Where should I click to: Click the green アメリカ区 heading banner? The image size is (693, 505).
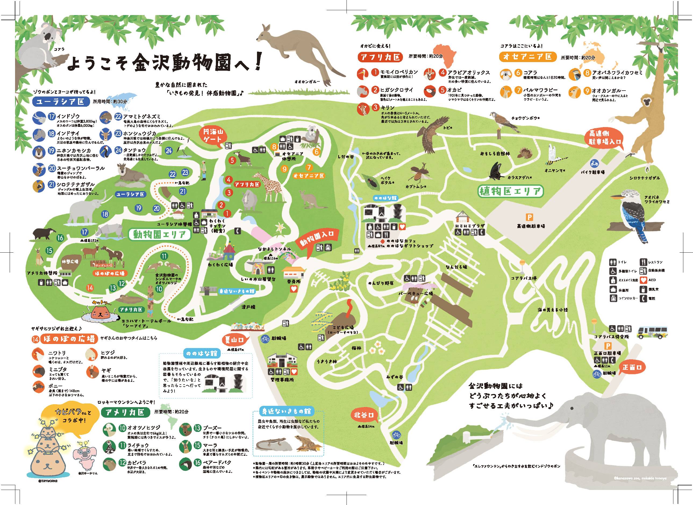pos(126,413)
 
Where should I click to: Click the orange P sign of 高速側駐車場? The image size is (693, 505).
pos(527,217)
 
